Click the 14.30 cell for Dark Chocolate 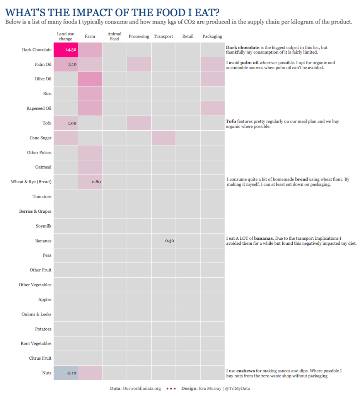coord(66,50)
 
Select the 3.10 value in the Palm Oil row coord(66,64)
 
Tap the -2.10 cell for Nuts coord(66,373)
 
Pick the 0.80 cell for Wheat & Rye coord(90,182)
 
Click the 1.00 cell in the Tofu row coord(66,123)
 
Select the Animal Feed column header coord(114,36)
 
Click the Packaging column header coord(212,36)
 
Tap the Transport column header coord(163,36)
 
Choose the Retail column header coord(188,36)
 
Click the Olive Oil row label coord(43,79)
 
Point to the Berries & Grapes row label coord(35,212)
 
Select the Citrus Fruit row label coord(40,358)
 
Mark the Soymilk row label coord(44,226)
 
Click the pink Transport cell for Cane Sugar coord(163,138)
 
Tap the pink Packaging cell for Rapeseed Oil coord(212,108)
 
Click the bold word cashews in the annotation coord(239,370)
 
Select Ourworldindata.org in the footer coord(142,388)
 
